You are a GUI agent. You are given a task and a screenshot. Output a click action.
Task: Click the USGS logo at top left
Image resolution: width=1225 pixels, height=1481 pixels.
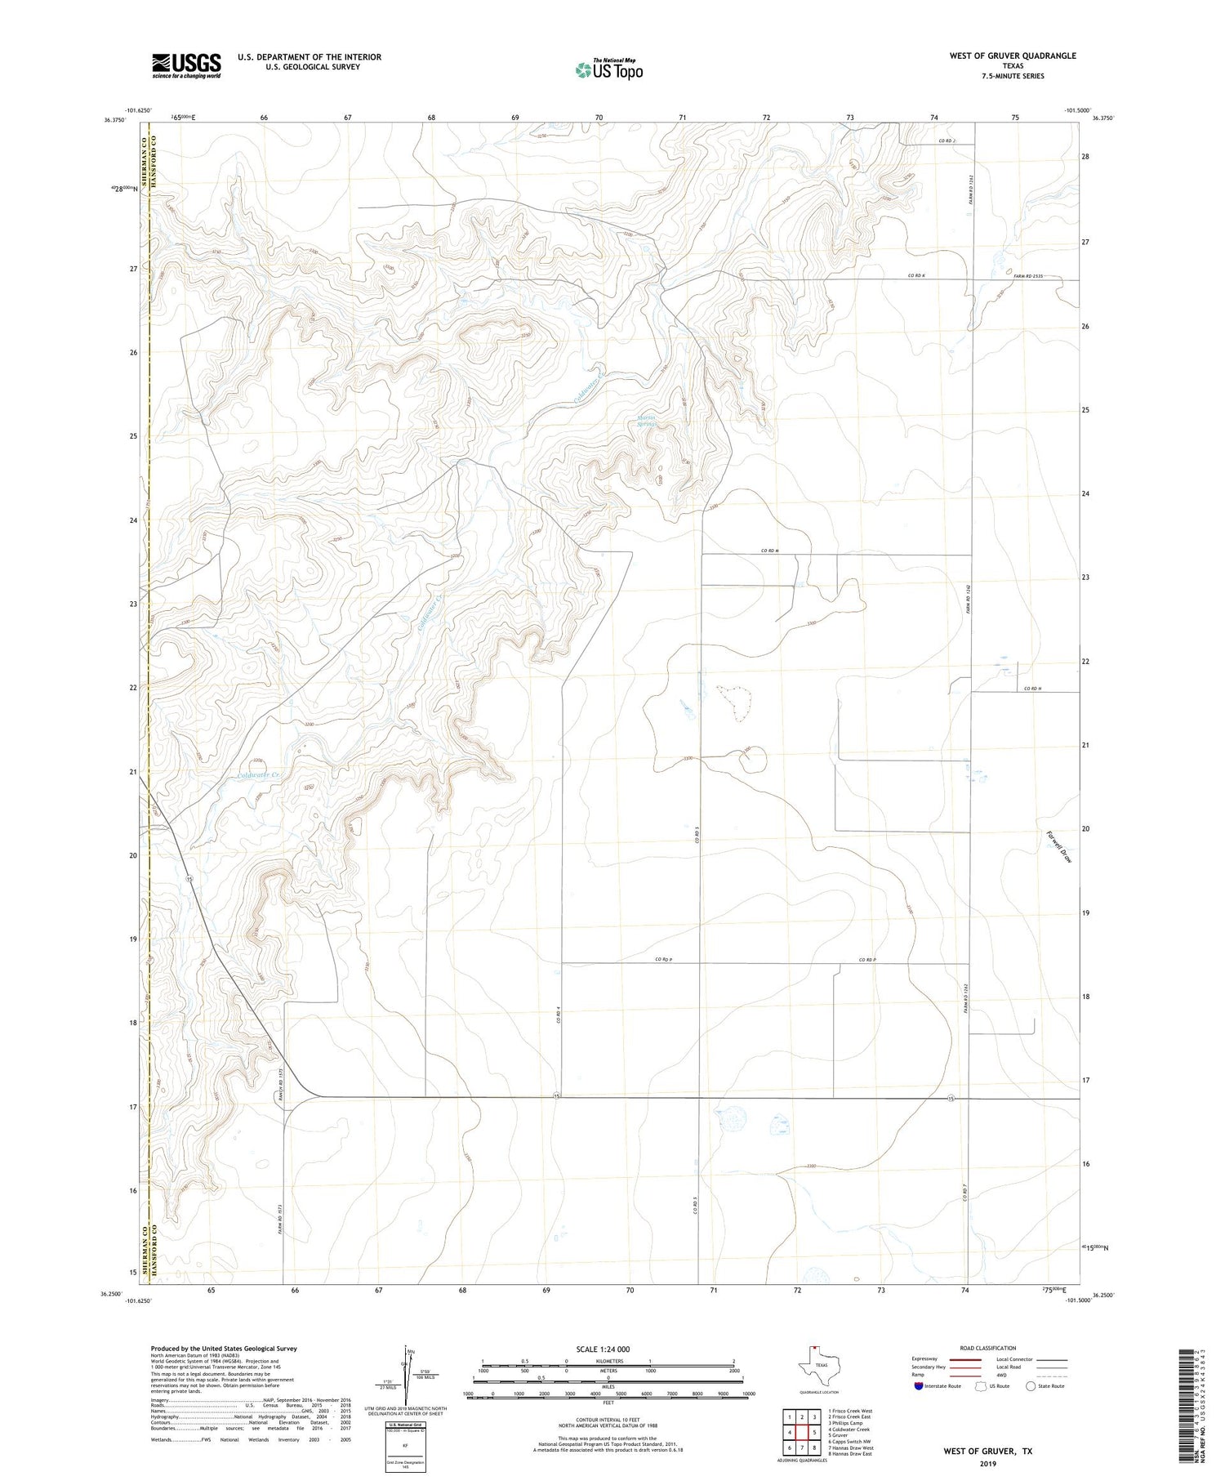click(x=186, y=65)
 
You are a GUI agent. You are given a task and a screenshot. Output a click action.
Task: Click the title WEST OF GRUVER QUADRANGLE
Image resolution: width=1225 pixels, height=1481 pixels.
click(x=1012, y=56)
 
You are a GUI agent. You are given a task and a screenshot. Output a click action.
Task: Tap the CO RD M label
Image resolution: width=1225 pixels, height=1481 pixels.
click(x=770, y=551)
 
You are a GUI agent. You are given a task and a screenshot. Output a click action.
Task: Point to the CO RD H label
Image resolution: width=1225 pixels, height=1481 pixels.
click(x=1032, y=689)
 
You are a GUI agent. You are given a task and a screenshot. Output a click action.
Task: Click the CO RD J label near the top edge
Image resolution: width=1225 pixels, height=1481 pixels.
click(x=946, y=141)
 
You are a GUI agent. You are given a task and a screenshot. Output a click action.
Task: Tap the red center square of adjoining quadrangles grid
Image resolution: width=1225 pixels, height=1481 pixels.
click(x=802, y=1432)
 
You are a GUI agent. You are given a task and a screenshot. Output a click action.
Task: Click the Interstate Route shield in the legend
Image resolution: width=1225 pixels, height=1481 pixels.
click(x=919, y=1385)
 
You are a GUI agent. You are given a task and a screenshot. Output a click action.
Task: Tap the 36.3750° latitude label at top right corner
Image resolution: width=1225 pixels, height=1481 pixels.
click(x=1102, y=118)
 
